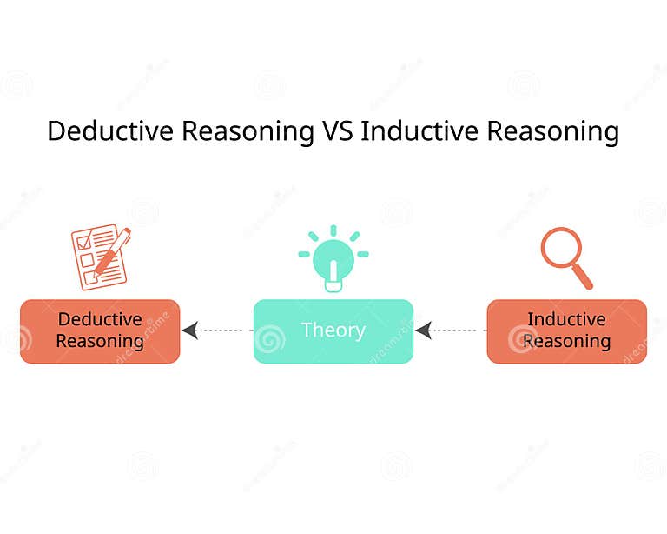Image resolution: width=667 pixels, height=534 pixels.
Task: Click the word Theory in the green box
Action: point(333,330)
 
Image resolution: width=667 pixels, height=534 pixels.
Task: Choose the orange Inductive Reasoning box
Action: point(566,330)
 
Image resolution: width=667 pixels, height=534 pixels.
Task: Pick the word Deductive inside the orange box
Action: point(100,319)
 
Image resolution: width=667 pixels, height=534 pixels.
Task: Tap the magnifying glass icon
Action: point(565,257)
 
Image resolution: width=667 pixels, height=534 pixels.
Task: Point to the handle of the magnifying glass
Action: point(583,277)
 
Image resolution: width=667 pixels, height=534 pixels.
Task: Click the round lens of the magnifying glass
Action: point(560,247)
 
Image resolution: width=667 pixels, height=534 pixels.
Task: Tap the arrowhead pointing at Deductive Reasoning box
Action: point(190,330)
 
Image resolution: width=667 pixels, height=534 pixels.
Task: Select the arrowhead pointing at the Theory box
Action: point(424,330)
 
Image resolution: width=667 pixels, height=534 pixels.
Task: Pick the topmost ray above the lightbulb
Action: point(333,230)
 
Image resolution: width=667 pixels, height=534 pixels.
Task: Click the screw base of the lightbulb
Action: point(333,284)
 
